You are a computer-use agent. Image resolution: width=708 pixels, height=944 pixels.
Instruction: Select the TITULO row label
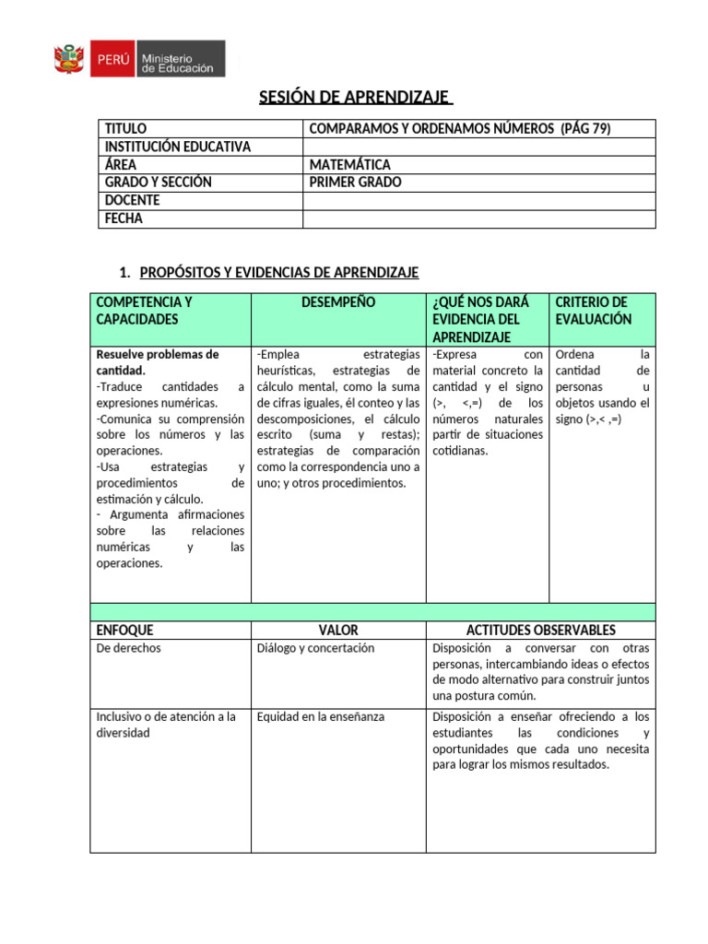pyautogui.click(x=126, y=129)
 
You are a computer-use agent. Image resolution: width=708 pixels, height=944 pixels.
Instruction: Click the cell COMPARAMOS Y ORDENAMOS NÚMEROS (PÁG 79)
pyautogui.click(x=460, y=129)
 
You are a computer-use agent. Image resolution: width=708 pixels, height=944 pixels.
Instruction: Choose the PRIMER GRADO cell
pyautogui.click(x=356, y=183)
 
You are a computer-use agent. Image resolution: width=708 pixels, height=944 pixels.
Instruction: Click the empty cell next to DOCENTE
pyautogui.click(x=478, y=200)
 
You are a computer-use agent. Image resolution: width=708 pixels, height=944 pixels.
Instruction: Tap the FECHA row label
pyautogui.click(x=124, y=218)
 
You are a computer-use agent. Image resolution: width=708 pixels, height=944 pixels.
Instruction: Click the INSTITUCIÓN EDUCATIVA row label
pyautogui.click(x=178, y=147)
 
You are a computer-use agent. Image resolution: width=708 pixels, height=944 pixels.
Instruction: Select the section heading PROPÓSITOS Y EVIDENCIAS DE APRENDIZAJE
pyautogui.click(x=278, y=272)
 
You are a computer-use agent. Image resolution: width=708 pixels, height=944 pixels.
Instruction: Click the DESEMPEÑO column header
pyautogui.click(x=338, y=302)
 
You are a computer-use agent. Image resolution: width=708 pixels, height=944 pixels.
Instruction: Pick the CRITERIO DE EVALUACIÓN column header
pyautogui.click(x=593, y=311)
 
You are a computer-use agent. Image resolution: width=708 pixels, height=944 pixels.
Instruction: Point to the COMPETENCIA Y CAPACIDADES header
pyautogui.click(x=144, y=311)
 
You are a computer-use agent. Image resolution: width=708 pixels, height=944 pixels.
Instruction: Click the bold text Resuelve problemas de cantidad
pyautogui.click(x=157, y=362)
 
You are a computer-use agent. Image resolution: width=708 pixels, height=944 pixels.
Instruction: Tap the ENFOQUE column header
pyautogui.click(x=125, y=631)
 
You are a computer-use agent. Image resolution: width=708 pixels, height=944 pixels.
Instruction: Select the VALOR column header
pyautogui.click(x=338, y=631)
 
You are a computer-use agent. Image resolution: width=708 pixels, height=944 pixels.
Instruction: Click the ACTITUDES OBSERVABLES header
pyautogui.click(x=540, y=631)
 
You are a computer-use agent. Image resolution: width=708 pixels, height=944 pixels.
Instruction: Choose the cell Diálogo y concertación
pyautogui.click(x=315, y=648)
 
